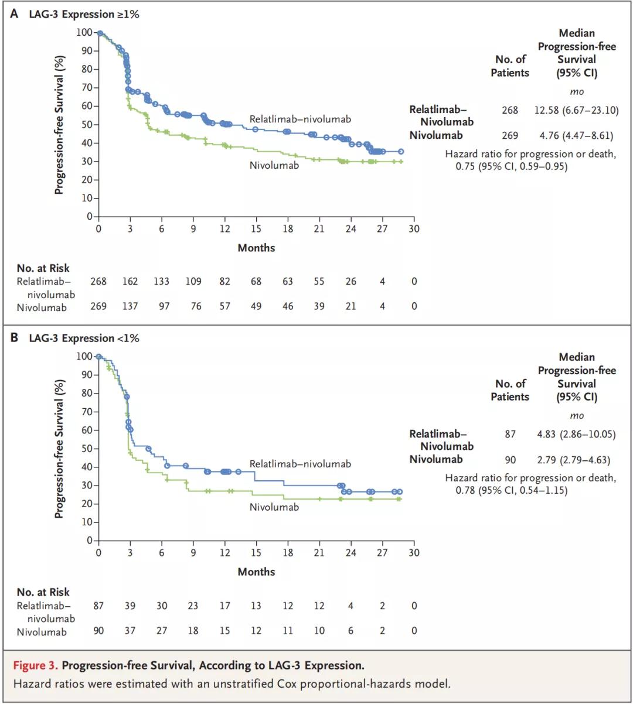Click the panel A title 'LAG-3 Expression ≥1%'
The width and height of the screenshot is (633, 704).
pyautogui.click(x=84, y=14)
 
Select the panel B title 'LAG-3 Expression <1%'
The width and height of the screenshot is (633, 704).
pyautogui.click(x=84, y=338)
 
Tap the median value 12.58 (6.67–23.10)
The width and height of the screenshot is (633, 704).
pyautogui.click(x=576, y=110)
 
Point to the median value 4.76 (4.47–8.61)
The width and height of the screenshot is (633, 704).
pyautogui.click(x=576, y=135)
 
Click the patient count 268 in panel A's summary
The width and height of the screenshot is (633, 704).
pyautogui.click(x=510, y=110)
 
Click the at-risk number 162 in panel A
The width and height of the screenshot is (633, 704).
pyautogui.click(x=130, y=281)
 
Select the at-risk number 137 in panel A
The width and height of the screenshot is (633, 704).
pyautogui.click(x=130, y=306)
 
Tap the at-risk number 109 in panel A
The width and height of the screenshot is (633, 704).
pyautogui.click(x=193, y=281)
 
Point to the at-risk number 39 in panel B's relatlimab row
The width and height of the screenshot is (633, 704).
pyautogui.click(x=130, y=606)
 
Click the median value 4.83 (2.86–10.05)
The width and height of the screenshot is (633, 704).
pyautogui.click(x=576, y=434)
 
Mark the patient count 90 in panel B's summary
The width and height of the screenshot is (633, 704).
pyautogui.click(x=510, y=460)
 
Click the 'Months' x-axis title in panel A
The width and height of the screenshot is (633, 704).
pyautogui.click(x=256, y=248)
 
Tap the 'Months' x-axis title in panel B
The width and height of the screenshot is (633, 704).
pyautogui.click(x=256, y=572)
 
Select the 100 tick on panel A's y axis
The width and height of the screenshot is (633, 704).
pyautogui.click(x=84, y=32)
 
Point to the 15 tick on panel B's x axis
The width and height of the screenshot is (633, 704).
pyautogui.click(x=256, y=552)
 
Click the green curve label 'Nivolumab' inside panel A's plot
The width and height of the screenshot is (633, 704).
pyautogui.click(x=274, y=165)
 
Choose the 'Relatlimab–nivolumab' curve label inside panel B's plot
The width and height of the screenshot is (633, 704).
pyautogui.click(x=300, y=464)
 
